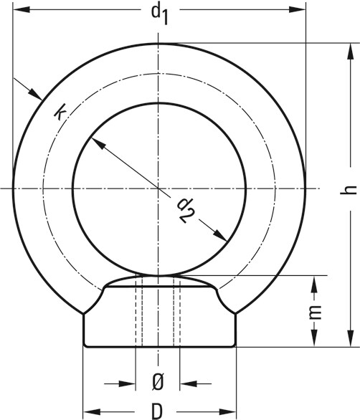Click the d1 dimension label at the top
159,14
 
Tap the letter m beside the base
313,313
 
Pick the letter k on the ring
62,113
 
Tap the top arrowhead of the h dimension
350,50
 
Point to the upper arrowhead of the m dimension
313,284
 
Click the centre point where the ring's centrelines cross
158,188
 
